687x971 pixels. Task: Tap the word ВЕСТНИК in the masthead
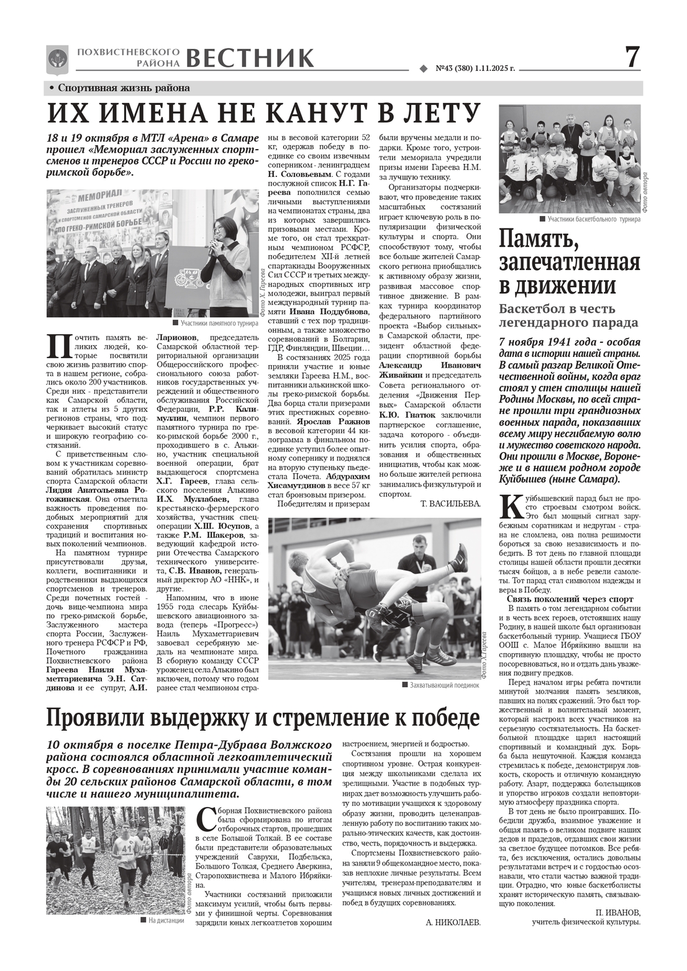tap(250, 58)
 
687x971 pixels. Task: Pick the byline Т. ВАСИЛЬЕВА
tap(450, 504)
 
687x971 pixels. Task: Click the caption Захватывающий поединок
tap(444, 685)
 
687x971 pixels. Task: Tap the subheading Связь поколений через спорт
tap(570, 599)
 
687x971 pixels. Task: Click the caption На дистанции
tap(166, 921)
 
